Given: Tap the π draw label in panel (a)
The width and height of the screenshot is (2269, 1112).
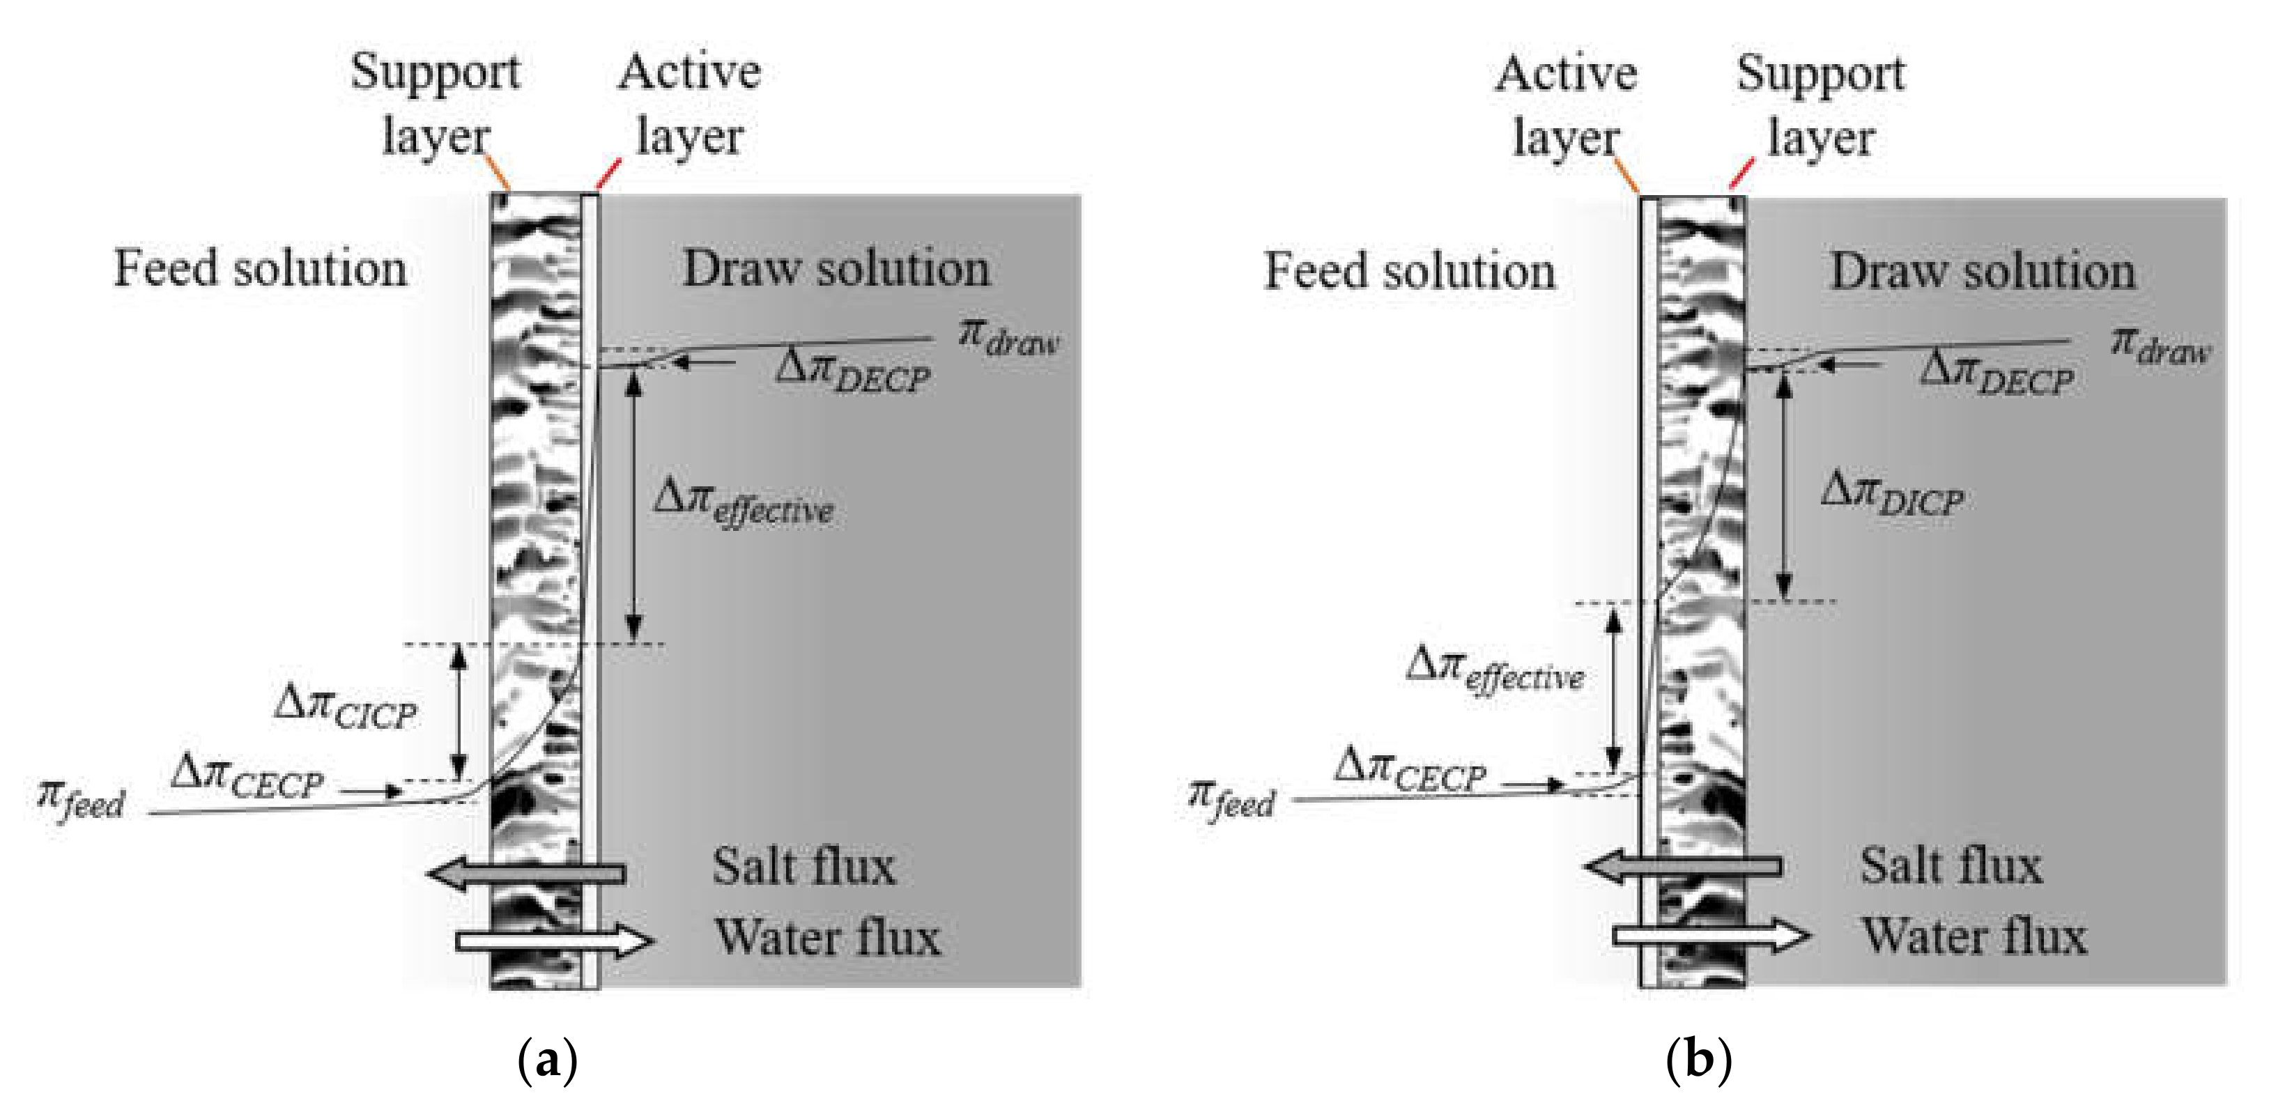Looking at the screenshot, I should point(1008,339).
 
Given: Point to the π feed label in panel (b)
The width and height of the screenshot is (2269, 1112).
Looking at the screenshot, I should point(1231,799).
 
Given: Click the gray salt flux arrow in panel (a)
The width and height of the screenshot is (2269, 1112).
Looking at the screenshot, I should point(526,874).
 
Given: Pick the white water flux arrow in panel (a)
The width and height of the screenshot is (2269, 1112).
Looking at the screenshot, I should point(555,941).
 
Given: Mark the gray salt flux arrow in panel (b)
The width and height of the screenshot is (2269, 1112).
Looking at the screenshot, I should point(1682,867).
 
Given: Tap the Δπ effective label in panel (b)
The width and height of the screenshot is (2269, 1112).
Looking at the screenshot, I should point(1495,671).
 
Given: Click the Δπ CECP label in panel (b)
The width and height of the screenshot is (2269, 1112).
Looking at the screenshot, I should point(1409,771).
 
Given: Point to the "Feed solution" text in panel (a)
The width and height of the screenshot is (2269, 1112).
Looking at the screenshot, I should point(261,268).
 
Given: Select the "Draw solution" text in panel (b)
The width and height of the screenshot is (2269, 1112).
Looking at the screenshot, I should point(1983,271).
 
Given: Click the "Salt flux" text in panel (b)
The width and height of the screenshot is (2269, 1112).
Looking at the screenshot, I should point(1951,865).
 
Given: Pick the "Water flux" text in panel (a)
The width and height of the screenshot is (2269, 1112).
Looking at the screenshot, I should point(827,937).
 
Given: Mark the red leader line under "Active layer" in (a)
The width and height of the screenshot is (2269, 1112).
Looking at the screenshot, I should point(608,174).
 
